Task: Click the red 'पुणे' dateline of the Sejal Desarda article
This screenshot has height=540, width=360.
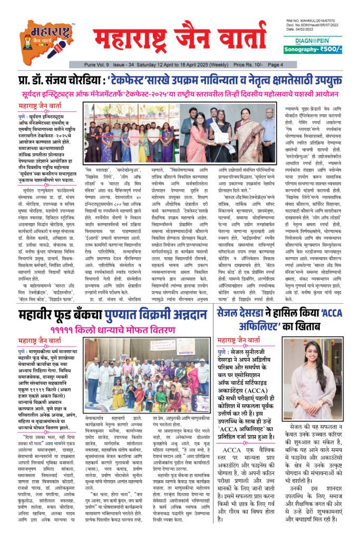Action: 223,351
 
